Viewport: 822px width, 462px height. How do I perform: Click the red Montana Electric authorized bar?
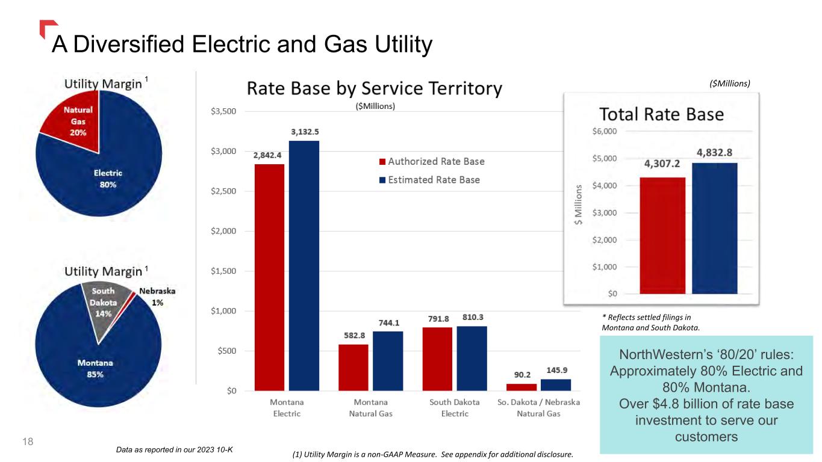pyautogui.click(x=269, y=277)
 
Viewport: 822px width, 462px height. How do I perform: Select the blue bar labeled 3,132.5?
pyautogui.click(x=304, y=265)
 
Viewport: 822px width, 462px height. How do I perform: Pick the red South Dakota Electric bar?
pyautogui.click(x=437, y=359)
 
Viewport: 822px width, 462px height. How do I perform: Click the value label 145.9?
pyautogui.click(x=556, y=371)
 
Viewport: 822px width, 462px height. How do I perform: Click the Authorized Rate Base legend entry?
pyautogui.click(x=432, y=161)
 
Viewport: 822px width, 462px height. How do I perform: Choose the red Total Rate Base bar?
pyautogui.click(x=662, y=235)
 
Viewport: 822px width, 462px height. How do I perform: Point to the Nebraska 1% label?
pyautogui.click(x=157, y=297)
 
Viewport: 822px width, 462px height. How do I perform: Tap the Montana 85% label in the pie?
pyautogui.click(x=95, y=368)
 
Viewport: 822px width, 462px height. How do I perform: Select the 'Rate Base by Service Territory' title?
pyautogui.click(x=374, y=90)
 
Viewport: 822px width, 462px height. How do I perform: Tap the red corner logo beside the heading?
pyautogui.click(x=47, y=28)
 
